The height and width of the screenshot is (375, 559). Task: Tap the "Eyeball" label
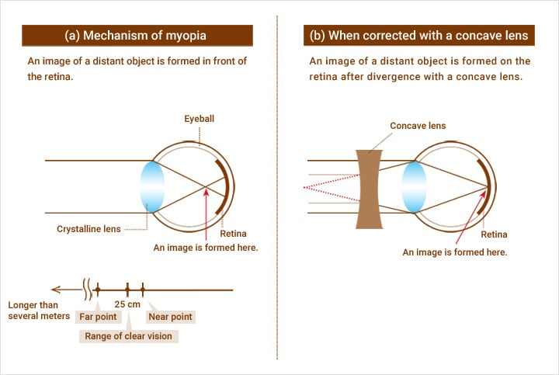(x=200, y=119)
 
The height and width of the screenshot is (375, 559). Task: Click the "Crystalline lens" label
(x=88, y=229)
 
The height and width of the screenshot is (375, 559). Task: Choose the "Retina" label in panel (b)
(x=495, y=234)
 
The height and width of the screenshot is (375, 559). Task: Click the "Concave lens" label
(x=418, y=126)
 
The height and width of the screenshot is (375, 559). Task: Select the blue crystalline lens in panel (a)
(x=152, y=186)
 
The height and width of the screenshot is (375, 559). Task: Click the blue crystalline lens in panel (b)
(x=415, y=187)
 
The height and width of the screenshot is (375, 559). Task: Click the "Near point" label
(x=170, y=317)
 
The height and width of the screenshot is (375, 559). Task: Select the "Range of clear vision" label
(x=129, y=336)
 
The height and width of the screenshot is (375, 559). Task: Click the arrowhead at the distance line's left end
(x=50, y=290)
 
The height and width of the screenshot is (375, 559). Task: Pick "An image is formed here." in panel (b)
(x=454, y=252)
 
